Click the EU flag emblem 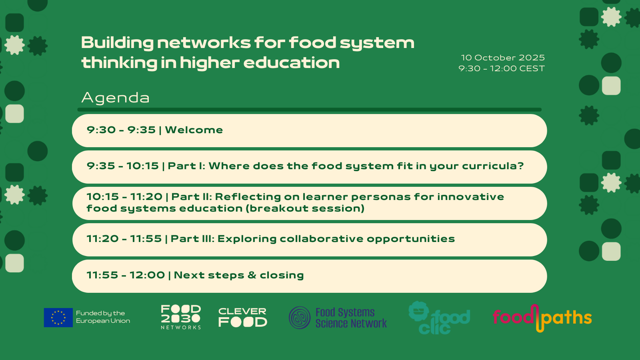[58, 318]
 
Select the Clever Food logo [242, 317]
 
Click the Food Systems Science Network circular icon [300, 318]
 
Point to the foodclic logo [439, 318]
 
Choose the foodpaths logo [542, 318]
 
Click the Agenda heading [116, 98]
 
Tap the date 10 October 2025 [503, 58]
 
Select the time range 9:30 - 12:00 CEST [502, 68]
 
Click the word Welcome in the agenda [194, 130]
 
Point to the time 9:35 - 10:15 [122, 166]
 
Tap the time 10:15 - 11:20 [124, 197]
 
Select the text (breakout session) [305, 208]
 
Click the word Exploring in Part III [247, 239]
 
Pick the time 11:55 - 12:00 [126, 275]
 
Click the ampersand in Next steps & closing [252, 275]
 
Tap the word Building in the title [118, 43]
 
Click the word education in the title [292, 62]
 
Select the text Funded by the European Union [103, 317]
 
